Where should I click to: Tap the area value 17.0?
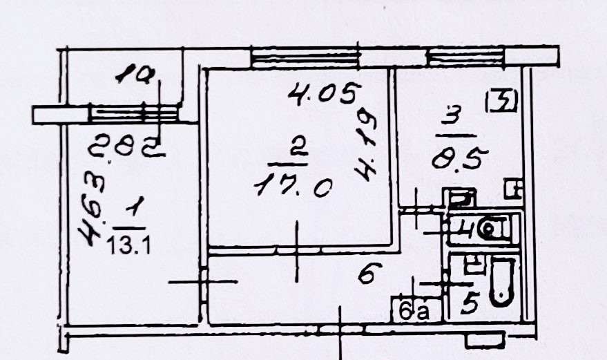(293, 186)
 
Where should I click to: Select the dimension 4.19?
(365, 149)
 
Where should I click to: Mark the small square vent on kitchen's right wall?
(512, 187)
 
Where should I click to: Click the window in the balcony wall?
(135, 113)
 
